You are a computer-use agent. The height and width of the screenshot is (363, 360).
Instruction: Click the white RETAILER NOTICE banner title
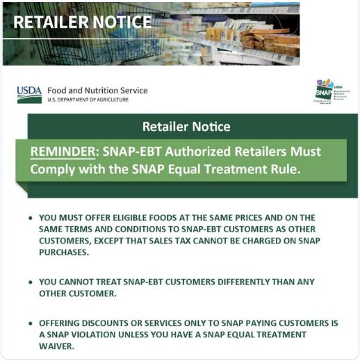point(82,22)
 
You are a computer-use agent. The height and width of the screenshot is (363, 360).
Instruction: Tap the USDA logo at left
point(29,94)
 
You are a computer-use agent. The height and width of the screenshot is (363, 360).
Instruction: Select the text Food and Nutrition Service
point(97,90)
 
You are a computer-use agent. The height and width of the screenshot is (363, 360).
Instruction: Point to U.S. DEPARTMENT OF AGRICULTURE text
point(88,100)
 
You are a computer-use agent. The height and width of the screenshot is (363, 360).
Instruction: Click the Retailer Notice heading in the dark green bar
point(186,127)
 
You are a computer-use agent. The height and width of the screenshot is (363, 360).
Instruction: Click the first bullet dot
point(30,218)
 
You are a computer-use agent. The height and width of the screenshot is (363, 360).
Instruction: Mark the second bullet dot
point(30,282)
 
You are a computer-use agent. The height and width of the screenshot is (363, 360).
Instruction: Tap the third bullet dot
point(30,323)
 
